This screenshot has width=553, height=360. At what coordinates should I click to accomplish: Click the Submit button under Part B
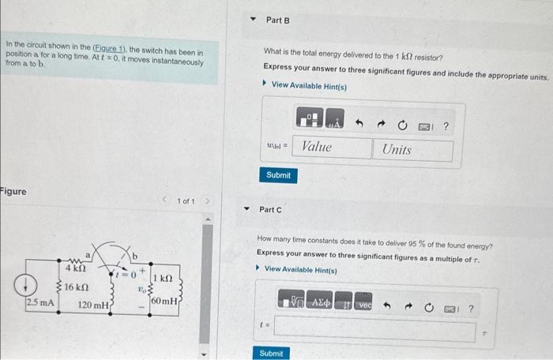[x=278, y=175]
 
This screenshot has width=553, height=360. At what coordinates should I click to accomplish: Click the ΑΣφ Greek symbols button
[x=320, y=304]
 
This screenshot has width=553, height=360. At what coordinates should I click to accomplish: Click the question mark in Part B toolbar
[x=446, y=126]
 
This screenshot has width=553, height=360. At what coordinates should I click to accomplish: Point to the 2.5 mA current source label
[x=39, y=302]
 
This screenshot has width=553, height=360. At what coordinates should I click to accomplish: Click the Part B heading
[x=278, y=20]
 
